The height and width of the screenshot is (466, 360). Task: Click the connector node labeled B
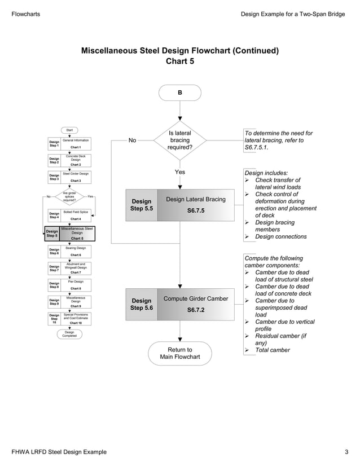(x=179, y=93)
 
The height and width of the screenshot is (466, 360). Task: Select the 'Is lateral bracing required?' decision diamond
(x=179, y=140)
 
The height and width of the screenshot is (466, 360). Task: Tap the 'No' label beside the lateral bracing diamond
(x=132, y=140)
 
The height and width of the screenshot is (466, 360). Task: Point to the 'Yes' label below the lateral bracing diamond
(x=179, y=172)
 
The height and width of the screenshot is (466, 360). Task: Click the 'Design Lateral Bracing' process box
(x=195, y=205)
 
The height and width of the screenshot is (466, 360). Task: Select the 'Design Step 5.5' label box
(x=142, y=205)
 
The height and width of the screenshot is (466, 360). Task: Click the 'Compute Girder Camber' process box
(x=195, y=304)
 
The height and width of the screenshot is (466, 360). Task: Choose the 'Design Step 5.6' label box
(x=142, y=304)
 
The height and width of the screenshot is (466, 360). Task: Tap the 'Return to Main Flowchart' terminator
(x=179, y=353)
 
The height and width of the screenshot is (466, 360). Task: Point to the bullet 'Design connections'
(x=280, y=237)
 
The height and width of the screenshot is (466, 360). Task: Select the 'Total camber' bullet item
(x=272, y=350)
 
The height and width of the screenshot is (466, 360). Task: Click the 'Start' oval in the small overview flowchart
(x=69, y=130)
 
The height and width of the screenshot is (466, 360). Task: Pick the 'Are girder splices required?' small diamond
(x=69, y=197)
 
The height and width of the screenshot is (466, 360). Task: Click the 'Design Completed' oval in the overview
(x=69, y=335)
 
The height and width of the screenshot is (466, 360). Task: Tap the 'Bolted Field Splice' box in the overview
(x=75, y=214)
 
